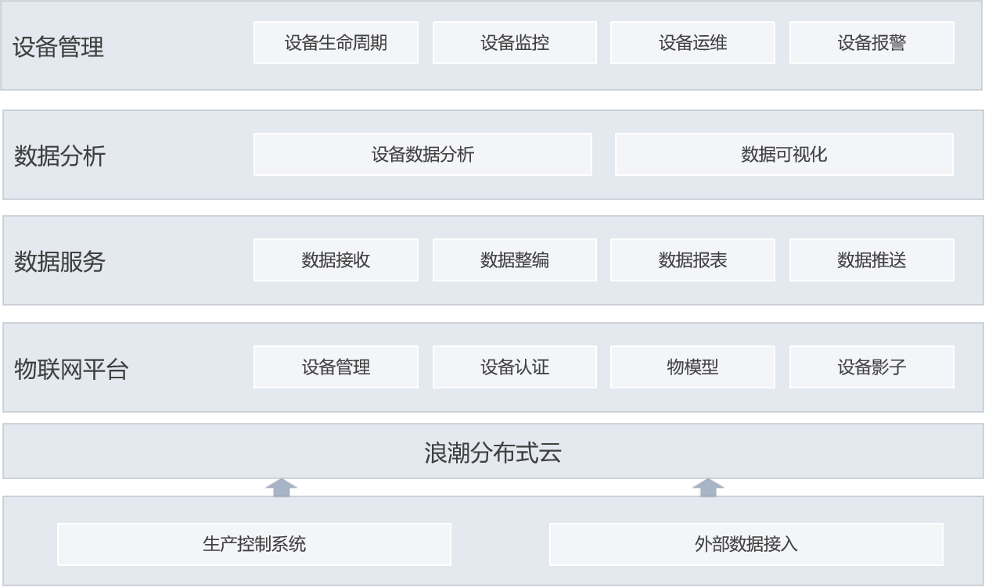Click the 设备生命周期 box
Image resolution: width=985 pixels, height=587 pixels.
[x=336, y=42]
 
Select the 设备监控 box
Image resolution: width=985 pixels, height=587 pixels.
[x=514, y=42]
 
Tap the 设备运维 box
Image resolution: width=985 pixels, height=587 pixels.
[x=692, y=42]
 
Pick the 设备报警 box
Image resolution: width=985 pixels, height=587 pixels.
[x=872, y=42]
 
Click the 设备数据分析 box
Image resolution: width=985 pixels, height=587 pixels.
[x=422, y=154]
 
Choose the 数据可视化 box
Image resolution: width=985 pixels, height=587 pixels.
[x=784, y=154]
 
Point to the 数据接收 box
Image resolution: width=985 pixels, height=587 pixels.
[x=336, y=259]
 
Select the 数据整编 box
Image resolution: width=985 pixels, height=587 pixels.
[x=514, y=259]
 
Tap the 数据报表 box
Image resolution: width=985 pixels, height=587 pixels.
[x=692, y=259]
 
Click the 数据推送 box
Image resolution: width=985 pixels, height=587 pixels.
[x=872, y=259]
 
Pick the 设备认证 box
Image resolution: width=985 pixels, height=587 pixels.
[x=514, y=367]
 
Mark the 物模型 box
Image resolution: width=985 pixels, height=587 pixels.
[x=692, y=367]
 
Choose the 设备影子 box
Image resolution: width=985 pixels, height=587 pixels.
[x=872, y=367]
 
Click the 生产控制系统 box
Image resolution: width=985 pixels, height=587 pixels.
[x=254, y=544]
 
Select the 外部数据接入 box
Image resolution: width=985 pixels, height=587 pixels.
[x=746, y=544]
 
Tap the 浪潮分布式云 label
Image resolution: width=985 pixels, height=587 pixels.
[x=493, y=453]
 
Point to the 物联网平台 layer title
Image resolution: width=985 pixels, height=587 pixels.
[x=71, y=369]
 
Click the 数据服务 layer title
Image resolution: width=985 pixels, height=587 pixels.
[x=59, y=262]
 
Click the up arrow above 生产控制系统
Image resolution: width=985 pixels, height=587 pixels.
[x=282, y=488]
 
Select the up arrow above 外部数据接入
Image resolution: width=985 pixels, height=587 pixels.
[x=708, y=488]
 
